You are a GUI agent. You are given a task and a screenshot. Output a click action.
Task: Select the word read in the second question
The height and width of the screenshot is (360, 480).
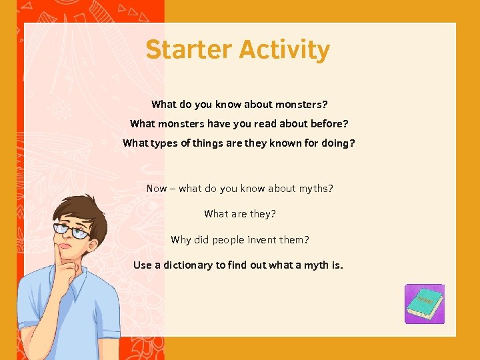pyautogui.click(x=265, y=124)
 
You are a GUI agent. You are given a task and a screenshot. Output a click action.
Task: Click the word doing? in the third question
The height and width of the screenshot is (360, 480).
pyautogui.click(x=338, y=143)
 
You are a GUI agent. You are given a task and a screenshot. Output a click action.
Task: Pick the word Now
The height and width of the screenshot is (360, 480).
pyautogui.click(x=157, y=189)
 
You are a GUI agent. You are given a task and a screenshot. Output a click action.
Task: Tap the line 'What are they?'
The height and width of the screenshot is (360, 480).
pyautogui.click(x=240, y=214)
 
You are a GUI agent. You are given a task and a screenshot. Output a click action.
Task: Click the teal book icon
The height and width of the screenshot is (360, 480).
pyautogui.click(x=424, y=304)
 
